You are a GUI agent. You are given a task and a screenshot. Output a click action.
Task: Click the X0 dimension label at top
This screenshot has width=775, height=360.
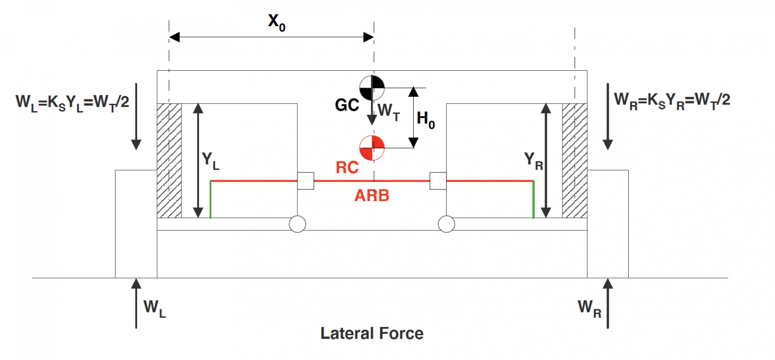click(277, 22)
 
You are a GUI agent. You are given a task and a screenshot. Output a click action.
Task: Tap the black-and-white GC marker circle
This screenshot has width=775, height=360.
click(372, 88)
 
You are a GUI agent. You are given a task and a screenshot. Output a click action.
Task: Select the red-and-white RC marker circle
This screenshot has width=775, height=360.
click(372, 148)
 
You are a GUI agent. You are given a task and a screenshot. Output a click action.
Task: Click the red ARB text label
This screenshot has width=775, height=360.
click(372, 196)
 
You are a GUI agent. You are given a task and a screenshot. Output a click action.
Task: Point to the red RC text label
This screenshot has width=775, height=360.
click(347, 168)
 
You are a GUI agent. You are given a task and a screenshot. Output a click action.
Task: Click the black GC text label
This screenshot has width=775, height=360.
click(347, 105)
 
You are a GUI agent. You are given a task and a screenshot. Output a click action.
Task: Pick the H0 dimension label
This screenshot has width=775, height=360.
click(426, 119)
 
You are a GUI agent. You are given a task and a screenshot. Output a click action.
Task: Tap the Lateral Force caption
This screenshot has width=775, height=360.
click(372, 333)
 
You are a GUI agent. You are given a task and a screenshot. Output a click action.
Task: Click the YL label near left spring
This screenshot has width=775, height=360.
click(210, 160)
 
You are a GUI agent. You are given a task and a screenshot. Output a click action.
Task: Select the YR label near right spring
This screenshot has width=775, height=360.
click(533, 160)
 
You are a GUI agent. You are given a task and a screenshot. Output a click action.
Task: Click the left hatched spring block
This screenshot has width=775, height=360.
click(169, 160)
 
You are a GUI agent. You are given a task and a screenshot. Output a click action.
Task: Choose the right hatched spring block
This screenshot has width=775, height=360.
click(574, 160)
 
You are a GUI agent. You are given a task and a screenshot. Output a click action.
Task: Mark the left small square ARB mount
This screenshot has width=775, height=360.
click(306, 181)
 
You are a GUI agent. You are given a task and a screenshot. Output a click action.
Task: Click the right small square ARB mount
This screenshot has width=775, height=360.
click(438, 181)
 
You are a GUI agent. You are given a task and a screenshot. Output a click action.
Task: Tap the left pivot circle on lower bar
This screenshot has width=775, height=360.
click(297, 224)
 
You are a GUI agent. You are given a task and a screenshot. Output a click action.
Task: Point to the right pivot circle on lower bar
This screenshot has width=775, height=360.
click(446, 224)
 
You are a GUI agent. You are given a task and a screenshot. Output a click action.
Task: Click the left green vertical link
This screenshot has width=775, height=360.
click(210, 200)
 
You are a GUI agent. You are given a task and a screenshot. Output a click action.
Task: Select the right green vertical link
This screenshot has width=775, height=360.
click(533, 200)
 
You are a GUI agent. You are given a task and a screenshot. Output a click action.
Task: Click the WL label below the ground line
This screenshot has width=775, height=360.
click(155, 308)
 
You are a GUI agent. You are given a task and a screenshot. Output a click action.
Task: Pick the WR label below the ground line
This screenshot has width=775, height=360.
click(589, 308)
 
